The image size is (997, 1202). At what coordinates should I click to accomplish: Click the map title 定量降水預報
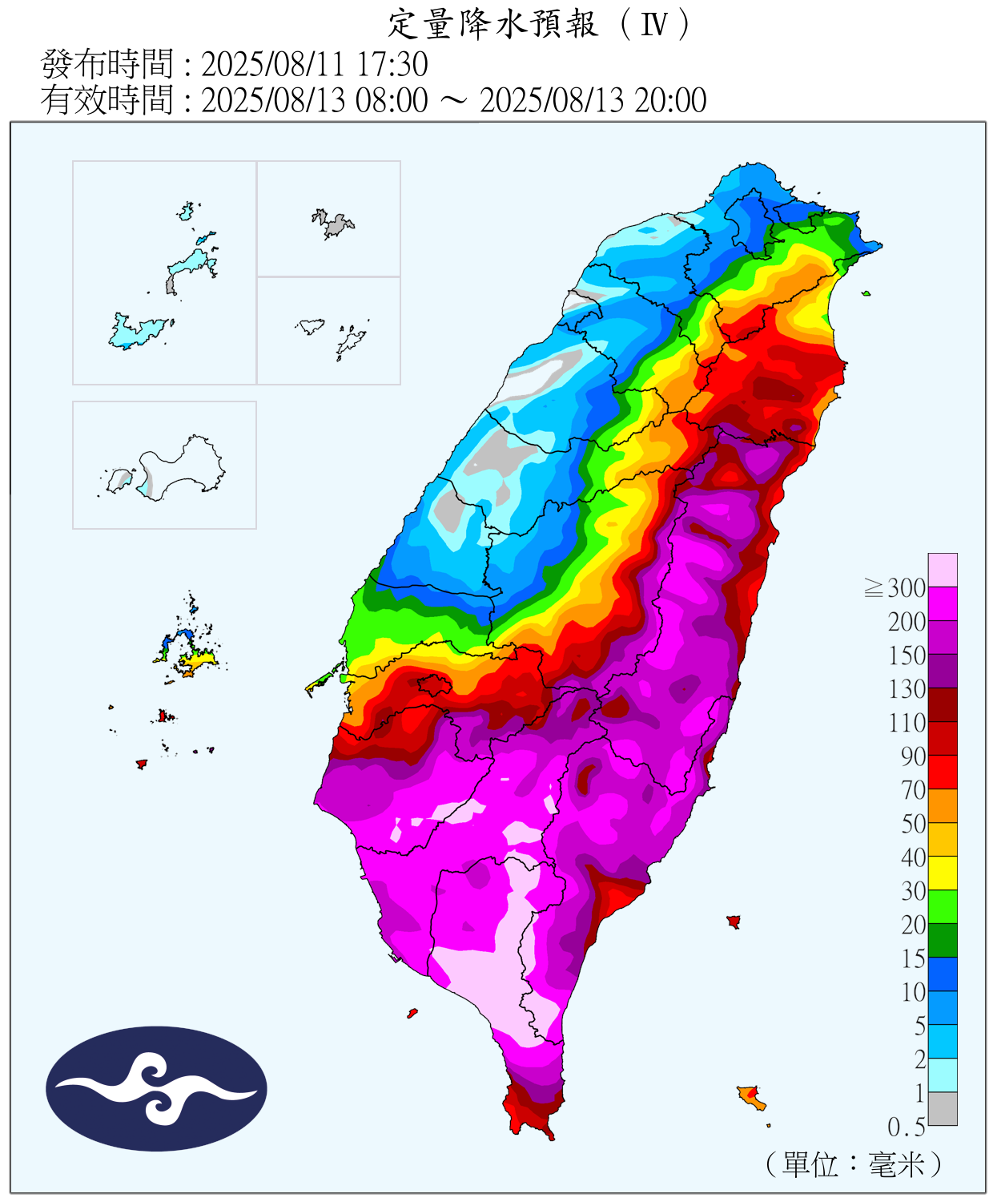coord(492,24)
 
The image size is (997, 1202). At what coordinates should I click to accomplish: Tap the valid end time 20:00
coord(670,101)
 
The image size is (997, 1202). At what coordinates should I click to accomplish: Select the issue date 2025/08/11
coord(273,64)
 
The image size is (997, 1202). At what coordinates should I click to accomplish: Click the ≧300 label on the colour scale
coord(896,588)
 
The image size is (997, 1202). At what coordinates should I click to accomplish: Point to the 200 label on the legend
coord(907,622)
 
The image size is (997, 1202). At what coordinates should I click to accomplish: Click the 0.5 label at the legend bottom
coord(907,1127)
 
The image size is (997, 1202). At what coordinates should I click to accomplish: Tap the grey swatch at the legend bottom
coord(943,1108)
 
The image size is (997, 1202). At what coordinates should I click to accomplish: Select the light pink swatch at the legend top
coord(943,570)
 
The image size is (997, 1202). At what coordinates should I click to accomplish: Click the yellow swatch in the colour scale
coord(943,873)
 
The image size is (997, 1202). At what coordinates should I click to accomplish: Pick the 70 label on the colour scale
coord(913,790)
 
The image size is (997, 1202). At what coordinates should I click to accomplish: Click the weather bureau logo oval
coord(156,1088)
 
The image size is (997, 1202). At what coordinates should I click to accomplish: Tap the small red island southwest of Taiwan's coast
coord(412,1014)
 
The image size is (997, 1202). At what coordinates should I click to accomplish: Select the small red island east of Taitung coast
coord(733,922)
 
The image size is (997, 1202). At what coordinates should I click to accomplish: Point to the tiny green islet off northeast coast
coord(866,293)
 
